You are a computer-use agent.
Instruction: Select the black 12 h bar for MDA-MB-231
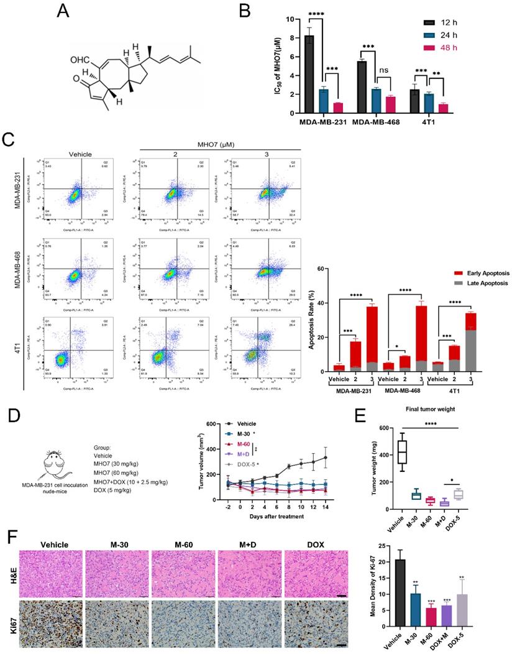click(309, 75)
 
